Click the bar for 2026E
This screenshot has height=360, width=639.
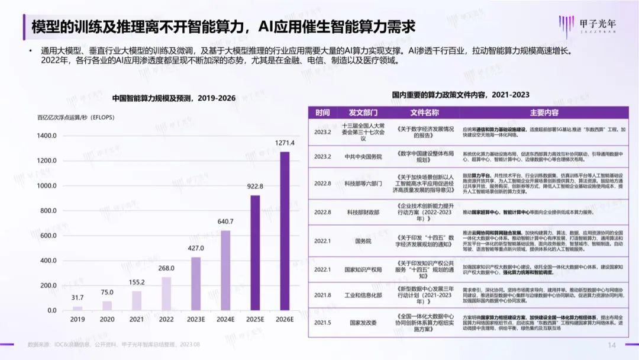click(285, 231)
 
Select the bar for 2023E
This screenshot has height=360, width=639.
click(196, 284)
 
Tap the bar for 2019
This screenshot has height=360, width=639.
click(78, 308)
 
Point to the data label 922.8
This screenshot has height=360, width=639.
click(255, 187)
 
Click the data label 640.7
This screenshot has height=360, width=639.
click(225, 222)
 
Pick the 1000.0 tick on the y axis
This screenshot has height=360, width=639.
click(47, 186)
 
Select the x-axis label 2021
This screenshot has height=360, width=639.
click(137, 320)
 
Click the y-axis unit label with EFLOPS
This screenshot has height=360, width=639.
click(76, 117)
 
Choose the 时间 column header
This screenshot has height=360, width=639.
click(322, 112)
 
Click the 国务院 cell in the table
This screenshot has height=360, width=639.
click(363, 242)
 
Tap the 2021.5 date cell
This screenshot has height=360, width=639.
click(322, 323)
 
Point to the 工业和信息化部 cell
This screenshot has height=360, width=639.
click(363, 294)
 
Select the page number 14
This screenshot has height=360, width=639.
click(612, 345)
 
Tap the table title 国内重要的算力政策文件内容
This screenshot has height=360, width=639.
click(460, 95)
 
